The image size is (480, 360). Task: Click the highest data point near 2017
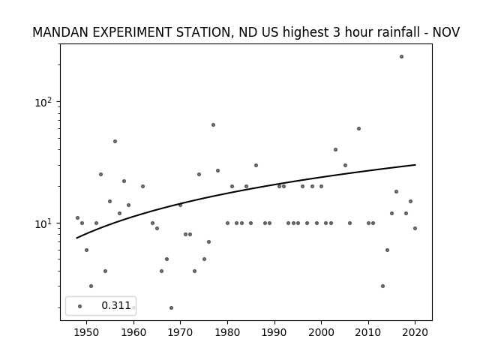[401, 57]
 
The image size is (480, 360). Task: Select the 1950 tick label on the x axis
[86, 332]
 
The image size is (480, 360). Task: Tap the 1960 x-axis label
[133, 332]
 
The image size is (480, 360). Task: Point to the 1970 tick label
[180, 332]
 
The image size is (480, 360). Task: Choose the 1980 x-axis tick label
[227, 332]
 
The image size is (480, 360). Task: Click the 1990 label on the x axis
[274, 332]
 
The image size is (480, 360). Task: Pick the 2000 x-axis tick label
[321, 332]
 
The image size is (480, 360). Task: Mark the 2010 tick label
[368, 332]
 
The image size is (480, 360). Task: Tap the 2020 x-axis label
[415, 332]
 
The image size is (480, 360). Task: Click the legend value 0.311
[116, 305]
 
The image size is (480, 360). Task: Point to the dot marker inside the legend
[80, 306]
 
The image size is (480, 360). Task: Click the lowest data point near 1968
[171, 307]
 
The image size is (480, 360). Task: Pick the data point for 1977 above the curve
[213, 125]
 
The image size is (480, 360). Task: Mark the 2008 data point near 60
[358, 128]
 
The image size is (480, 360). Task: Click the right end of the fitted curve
[415, 165]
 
